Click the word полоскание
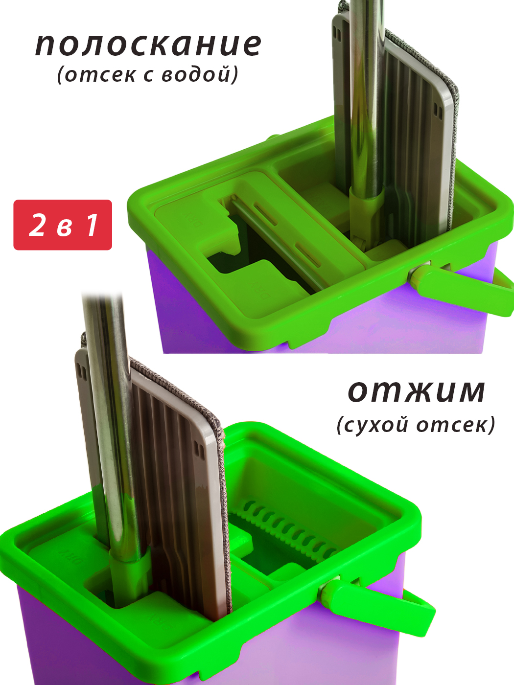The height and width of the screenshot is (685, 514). point(148,45)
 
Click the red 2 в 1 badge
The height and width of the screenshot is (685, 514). point(63,225)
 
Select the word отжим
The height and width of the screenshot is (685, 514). point(417,391)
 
